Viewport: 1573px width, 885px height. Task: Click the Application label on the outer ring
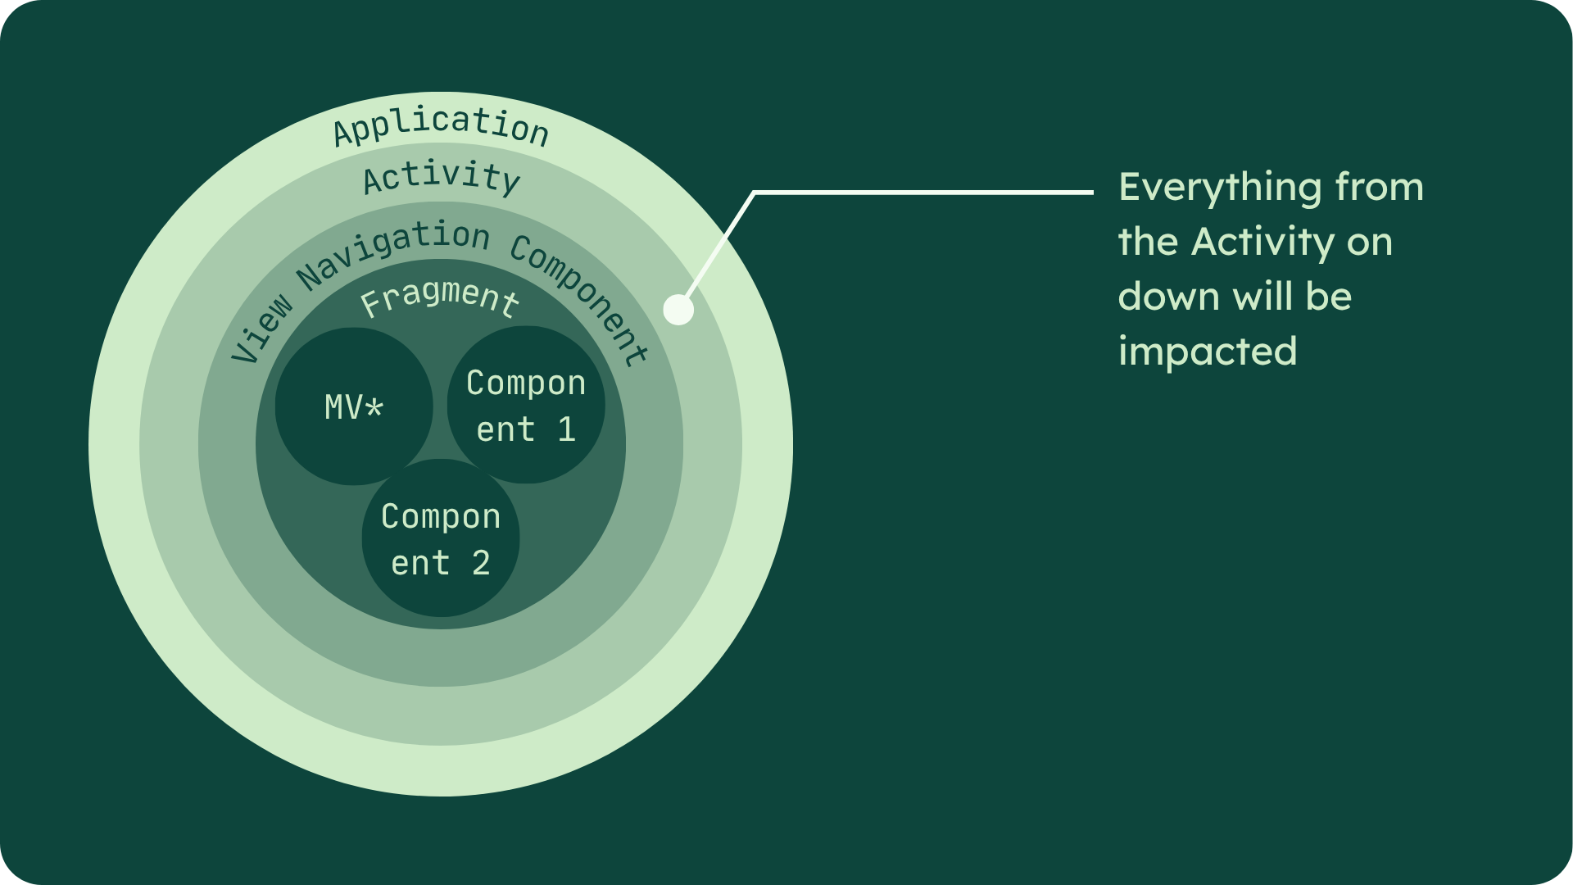pyautogui.click(x=441, y=127)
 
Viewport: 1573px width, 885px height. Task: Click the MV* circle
pyautogui.click(x=354, y=406)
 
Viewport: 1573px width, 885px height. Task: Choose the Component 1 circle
pyautogui.click(x=526, y=405)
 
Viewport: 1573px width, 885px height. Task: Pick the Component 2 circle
pyautogui.click(x=441, y=538)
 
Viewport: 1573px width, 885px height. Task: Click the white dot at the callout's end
pyautogui.click(x=678, y=310)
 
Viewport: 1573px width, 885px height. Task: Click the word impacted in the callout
pyautogui.click(x=1208, y=352)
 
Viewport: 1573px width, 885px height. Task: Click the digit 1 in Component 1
pyautogui.click(x=566, y=429)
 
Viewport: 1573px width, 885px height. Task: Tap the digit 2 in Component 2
pyautogui.click(x=481, y=563)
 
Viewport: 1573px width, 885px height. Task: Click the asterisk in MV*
pyautogui.click(x=374, y=407)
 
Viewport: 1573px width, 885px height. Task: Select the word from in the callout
pyautogui.click(x=1380, y=188)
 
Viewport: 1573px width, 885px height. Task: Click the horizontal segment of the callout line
pyautogui.click(x=922, y=193)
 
